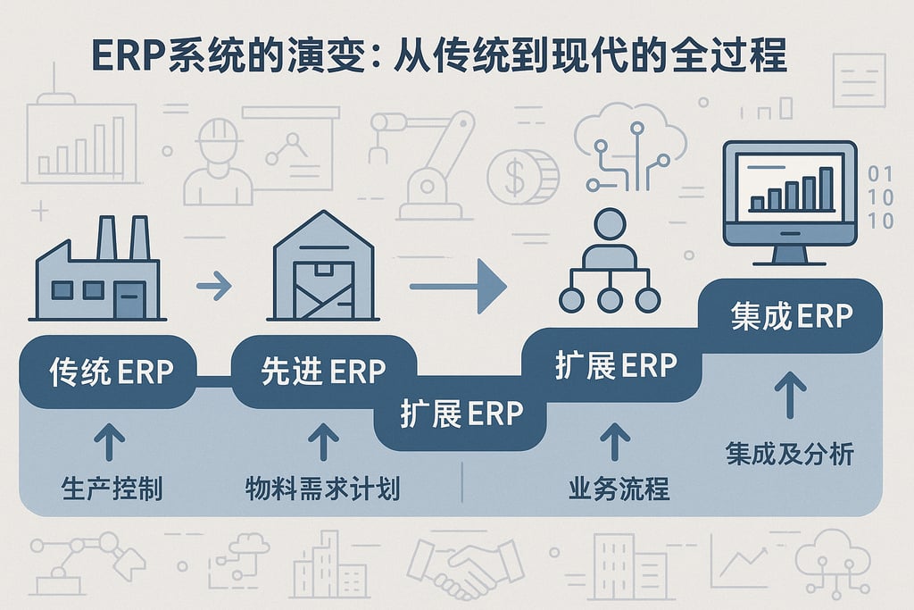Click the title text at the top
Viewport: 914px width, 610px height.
pos(439,55)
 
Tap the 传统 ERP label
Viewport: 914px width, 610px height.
pos(109,372)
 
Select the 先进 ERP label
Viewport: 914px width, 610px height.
pos(324,370)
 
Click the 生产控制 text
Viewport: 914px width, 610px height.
pos(112,489)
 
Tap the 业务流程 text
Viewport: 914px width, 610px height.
pos(619,489)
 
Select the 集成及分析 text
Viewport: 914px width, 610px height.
pos(789,454)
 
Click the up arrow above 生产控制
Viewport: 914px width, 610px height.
pos(111,441)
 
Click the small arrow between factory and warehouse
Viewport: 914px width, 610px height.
pos(213,287)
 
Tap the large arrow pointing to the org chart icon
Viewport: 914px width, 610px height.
pos(458,286)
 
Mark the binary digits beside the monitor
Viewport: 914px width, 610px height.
pos(880,196)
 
